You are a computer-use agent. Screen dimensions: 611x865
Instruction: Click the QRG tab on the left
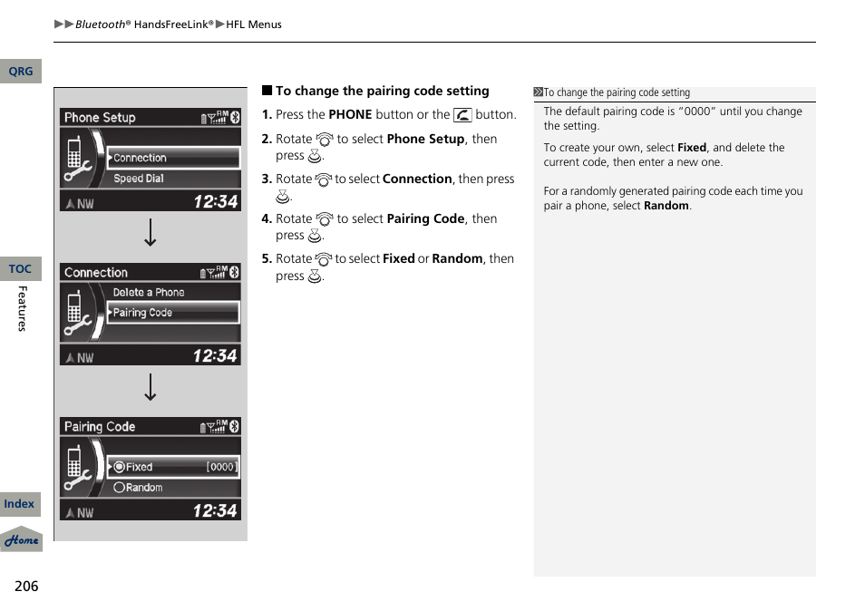(20, 72)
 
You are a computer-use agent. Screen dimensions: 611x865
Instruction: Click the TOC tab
(20, 269)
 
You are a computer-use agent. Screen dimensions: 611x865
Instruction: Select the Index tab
(20, 504)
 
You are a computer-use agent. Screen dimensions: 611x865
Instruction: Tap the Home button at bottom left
(21, 539)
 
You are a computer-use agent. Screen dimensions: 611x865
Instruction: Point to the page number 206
(26, 586)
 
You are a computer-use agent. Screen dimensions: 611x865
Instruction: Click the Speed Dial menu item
(139, 179)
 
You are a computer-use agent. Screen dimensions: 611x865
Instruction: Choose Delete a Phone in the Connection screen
(149, 292)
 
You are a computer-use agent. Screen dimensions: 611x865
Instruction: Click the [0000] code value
(220, 467)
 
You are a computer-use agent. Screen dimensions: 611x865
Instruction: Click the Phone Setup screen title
(100, 118)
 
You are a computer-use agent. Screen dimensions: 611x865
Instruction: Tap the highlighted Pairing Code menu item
(172, 313)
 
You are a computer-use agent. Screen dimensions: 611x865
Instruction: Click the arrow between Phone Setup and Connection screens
(151, 233)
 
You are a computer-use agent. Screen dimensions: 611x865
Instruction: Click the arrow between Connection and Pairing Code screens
(151, 387)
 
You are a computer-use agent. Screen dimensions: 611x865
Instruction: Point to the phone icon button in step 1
(462, 115)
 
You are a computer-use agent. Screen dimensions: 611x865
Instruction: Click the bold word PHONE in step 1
(350, 115)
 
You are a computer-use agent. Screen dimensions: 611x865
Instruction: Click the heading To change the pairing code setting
(382, 91)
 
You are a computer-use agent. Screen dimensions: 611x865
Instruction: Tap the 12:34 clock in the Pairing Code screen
(215, 511)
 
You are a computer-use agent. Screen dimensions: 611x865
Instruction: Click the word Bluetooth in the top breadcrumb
(100, 24)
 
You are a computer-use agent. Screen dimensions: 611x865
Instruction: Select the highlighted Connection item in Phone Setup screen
(172, 158)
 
